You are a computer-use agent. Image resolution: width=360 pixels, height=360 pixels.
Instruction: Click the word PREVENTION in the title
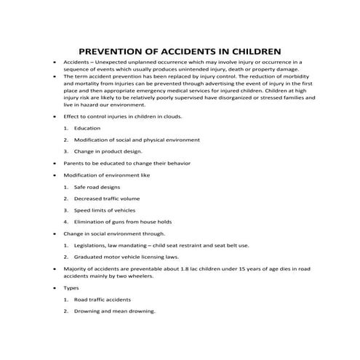114,52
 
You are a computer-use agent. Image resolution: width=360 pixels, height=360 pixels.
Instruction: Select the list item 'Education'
87,128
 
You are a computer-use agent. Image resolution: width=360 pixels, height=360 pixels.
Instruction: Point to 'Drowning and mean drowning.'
115,311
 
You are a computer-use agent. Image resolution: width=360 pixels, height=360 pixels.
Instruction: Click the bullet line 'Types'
72,287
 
